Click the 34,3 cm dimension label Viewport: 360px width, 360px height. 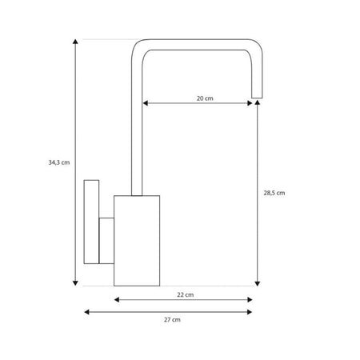pos(59,162)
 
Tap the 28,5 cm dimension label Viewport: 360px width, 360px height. pos(274,193)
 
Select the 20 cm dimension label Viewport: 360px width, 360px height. pos(205,98)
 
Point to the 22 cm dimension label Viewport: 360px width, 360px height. pos(186,294)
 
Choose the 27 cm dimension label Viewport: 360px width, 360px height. pos(172,319)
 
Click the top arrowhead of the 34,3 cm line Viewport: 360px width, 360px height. pos(75,42)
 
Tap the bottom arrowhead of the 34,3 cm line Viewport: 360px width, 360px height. pos(75,283)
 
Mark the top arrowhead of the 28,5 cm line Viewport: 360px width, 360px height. pos(258,102)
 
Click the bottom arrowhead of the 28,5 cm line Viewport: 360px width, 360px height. pos(258,283)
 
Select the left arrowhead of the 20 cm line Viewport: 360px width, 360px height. pos(146,103)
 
